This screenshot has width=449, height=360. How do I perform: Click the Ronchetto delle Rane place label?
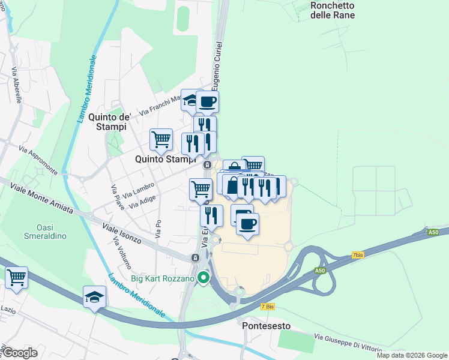coord(333,10)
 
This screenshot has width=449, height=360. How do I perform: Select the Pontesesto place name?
coord(267,326)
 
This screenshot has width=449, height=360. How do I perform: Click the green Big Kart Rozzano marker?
coord(203,278)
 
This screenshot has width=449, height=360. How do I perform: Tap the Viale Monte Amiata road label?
coord(41,199)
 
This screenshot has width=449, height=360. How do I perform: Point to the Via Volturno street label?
coord(122,252)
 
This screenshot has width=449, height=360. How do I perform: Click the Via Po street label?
coord(158,229)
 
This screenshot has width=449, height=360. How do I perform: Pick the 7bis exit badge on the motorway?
coord(358,255)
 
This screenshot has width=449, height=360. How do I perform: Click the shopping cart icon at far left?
coord(17,277)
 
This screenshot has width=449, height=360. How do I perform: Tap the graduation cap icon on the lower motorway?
coord(94,297)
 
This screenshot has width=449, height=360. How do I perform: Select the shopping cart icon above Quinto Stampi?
coord(161,139)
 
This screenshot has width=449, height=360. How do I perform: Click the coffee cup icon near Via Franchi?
coord(207,101)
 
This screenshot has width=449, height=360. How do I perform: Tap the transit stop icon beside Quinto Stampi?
coord(207,165)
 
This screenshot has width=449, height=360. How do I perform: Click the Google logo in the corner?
coord(19,353)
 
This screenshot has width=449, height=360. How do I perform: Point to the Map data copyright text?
coord(411,355)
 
